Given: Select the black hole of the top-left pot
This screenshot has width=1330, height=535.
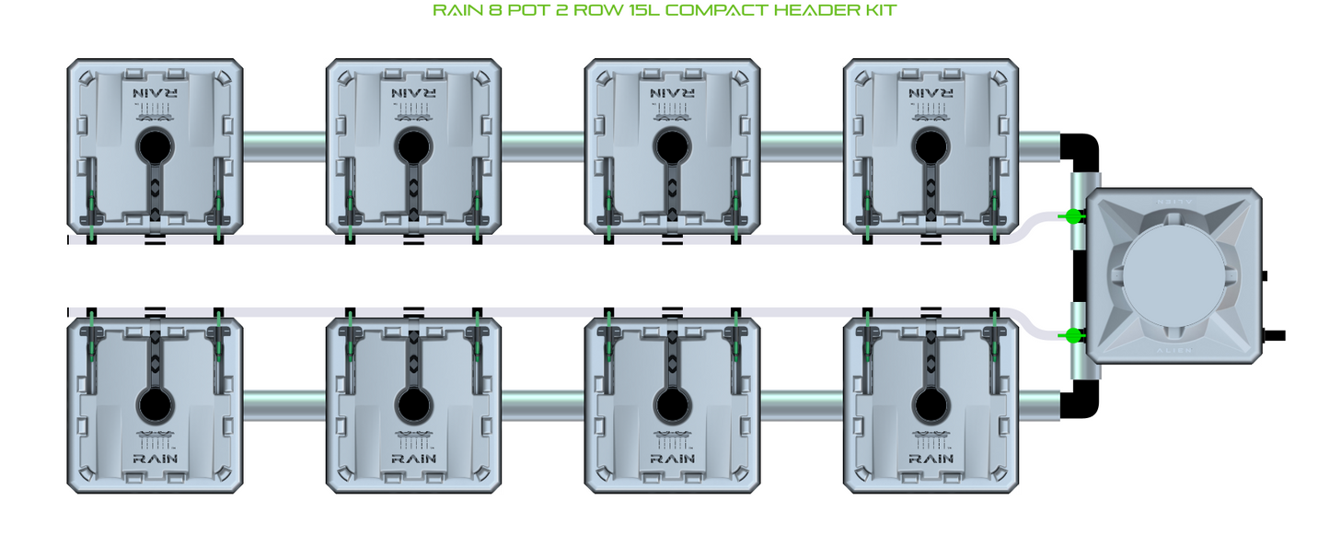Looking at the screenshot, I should click(x=155, y=145).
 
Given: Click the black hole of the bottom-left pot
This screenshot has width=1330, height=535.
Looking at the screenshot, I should click(x=155, y=403).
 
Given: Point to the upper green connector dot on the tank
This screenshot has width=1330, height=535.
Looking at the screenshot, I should click(x=1072, y=216).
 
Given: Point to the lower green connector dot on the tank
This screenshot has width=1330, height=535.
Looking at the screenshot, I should click(x=1072, y=335).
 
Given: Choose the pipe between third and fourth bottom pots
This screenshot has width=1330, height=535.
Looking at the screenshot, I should click(x=802, y=404).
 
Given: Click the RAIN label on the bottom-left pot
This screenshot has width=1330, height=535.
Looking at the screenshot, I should click(x=155, y=458).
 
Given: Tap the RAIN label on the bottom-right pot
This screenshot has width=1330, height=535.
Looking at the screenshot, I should click(x=931, y=458).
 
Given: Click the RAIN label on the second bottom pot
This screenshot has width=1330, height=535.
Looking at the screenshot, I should click(x=413, y=458).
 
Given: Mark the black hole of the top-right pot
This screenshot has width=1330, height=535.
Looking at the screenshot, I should click(x=931, y=145).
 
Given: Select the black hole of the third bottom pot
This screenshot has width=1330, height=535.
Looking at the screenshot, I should click(x=672, y=403).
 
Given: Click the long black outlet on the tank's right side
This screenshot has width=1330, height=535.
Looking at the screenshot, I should click(x=1276, y=335).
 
